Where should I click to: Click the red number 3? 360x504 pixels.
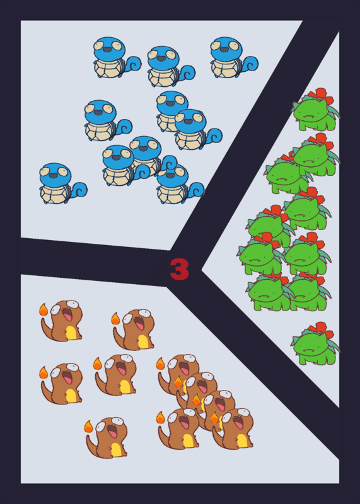180,270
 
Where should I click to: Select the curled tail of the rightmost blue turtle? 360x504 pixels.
250,64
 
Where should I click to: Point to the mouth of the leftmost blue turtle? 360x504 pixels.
54,175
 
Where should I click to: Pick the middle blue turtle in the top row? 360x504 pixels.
171,67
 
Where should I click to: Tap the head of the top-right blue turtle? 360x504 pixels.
226,49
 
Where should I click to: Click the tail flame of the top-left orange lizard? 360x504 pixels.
44,309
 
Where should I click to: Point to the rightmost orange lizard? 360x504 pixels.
233,429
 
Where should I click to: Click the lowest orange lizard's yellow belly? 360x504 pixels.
116,449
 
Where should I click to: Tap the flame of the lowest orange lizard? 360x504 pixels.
88,427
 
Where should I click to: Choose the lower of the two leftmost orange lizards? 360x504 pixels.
61,384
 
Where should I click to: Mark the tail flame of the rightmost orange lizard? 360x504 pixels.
214,418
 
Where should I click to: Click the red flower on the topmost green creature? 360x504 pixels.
320,94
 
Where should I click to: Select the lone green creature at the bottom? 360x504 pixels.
315,343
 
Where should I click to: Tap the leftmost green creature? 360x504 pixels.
261,255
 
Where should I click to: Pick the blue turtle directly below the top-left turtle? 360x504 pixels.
108,120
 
